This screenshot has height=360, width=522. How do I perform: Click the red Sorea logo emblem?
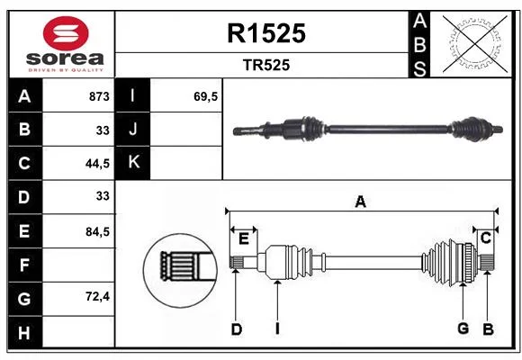(x=66, y=33)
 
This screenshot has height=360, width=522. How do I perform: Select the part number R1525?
(x=266, y=33)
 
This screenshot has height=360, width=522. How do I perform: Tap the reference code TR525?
(x=266, y=65)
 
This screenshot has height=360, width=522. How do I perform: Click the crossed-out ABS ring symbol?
(x=475, y=43)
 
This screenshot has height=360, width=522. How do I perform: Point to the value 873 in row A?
(x=99, y=96)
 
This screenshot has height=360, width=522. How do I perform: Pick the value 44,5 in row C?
(x=97, y=164)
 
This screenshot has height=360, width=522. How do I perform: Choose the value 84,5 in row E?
(x=97, y=231)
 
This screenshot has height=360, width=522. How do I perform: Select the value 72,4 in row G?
(x=97, y=296)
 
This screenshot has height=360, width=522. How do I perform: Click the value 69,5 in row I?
(x=206, y=96)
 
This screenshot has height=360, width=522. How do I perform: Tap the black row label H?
(x=25, y=332)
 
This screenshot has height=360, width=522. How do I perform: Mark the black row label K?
(x=133, y=162)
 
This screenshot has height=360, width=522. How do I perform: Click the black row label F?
(x=25, y=265)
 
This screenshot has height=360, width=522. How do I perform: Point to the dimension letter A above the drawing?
(x=361, y=202)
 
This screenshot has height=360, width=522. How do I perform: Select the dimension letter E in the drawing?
(x=244, y=238)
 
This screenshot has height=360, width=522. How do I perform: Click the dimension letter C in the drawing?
(x=486, y=238)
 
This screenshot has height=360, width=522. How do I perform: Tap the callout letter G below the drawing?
(x=463, y=328)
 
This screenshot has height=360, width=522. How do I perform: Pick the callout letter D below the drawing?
(x=237, y=329)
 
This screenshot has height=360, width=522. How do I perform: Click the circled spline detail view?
(x=180, y=270)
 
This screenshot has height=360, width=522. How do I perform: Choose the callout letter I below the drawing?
(x=277, y=329)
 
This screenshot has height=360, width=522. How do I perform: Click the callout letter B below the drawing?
(x=488, y=329)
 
